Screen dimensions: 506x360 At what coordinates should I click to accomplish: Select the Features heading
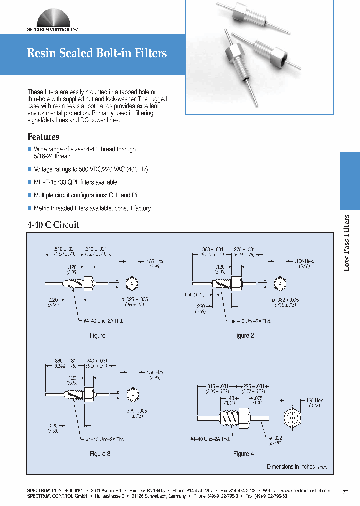pos(43,137)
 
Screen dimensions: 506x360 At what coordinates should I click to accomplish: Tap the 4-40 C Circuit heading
pos(53,225)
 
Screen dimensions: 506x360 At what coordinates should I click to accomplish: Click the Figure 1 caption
pos(100,336)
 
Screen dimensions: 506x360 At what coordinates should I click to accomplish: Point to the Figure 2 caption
pos(244,336)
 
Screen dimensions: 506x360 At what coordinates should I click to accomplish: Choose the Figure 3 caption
pos(100,454)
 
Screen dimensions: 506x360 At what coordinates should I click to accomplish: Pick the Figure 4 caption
pos(244,454)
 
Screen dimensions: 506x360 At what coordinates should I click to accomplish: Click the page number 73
pos(345,493)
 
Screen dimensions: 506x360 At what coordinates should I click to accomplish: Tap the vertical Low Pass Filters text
pos(347,243)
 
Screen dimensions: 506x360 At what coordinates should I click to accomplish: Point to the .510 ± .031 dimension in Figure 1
pos(64,249)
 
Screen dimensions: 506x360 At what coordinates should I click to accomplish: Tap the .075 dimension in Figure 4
pos(257,398)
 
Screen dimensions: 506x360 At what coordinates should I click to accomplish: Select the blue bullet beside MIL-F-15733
pos(29,182)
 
